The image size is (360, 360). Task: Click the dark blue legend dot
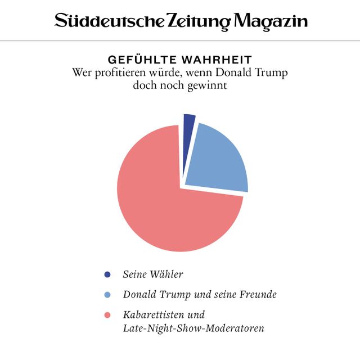107,274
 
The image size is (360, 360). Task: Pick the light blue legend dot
107,294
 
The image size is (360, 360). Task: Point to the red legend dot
107,314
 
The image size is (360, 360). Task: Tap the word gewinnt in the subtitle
209,85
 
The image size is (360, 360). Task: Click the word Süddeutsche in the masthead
109,22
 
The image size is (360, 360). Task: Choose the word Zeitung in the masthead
200,22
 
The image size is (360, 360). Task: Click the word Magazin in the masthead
271,22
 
